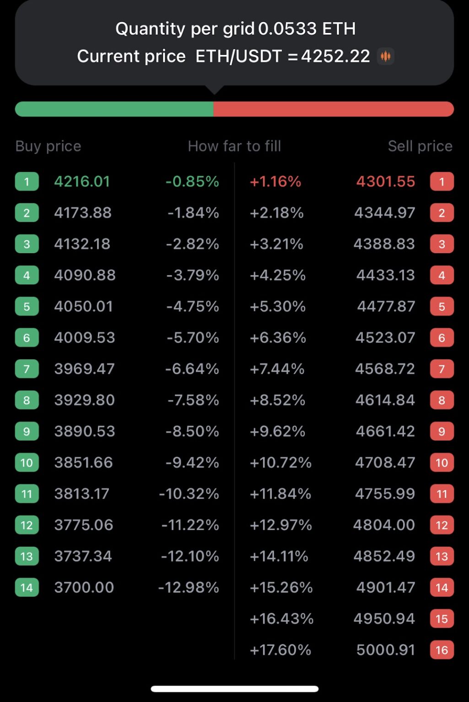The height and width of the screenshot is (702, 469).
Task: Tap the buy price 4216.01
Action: click(82, 181)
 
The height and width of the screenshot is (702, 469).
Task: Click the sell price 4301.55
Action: click(385, 181)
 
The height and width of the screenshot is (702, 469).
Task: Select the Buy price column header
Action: click(48, 146)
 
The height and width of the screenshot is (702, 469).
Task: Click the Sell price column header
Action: click(420, 146)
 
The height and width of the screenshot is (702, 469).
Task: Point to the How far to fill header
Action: click(234, 146)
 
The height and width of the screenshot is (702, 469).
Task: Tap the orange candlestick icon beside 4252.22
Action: click(386, 56)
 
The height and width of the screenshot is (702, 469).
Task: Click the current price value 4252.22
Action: click(335, 56)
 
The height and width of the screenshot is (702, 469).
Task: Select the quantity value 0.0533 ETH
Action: click(307, 29)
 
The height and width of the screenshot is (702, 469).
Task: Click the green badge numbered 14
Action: click(27, 587)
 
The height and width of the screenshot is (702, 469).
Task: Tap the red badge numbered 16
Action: click(442, 650)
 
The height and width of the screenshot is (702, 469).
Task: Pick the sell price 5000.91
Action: click(385, 650)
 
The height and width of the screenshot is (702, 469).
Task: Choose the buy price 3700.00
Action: click(84, 587)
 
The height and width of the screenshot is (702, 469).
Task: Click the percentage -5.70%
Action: click(193, 338)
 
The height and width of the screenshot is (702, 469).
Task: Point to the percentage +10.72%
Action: click(280, 463)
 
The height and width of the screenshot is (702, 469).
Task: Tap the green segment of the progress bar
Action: click(114, 109)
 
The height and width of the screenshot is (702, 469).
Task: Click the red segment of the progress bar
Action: click(333, 109)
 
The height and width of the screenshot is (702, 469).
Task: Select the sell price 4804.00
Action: click(384, 525)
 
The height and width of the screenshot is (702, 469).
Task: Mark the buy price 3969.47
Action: click(84, 369)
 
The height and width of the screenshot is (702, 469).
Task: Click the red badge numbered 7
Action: click(442, 369)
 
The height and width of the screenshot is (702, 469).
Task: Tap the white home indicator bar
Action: click(234, 689)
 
